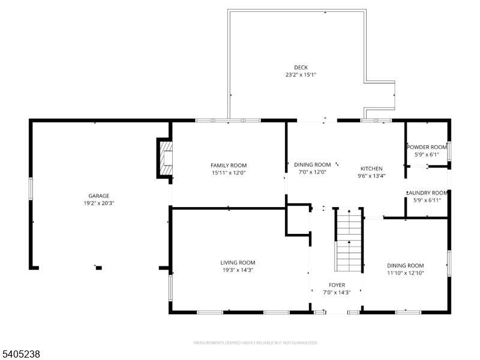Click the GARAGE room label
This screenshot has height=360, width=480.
[x=98, y=196]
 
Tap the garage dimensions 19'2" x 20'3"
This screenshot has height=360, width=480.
[x=98, y=203]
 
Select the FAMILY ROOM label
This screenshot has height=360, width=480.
[x=228, y=165]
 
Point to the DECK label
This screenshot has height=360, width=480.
[x=300, y=67]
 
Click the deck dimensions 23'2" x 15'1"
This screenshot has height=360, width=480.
[x=300, y=75]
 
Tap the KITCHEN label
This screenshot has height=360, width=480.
[x=371, y=169]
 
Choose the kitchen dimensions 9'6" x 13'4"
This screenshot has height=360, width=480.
[x=371, y=176]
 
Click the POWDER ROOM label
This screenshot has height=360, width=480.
[x=427, y=147]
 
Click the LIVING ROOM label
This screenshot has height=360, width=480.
[x=238, y=262]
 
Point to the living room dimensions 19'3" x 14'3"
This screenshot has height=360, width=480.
[x=238, y=270]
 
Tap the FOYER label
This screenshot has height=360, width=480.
[x=336, y=284]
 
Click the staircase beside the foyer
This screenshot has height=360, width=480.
[x=348, y=240]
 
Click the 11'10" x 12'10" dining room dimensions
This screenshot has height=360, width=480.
[x=405, y=273]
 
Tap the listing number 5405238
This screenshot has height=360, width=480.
[x=20, y=355]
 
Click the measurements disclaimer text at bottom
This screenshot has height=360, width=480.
[x=255, y=343]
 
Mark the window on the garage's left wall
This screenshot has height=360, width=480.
[x=31, y=187]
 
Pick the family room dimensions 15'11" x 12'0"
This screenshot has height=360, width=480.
[x=228, y=173]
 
